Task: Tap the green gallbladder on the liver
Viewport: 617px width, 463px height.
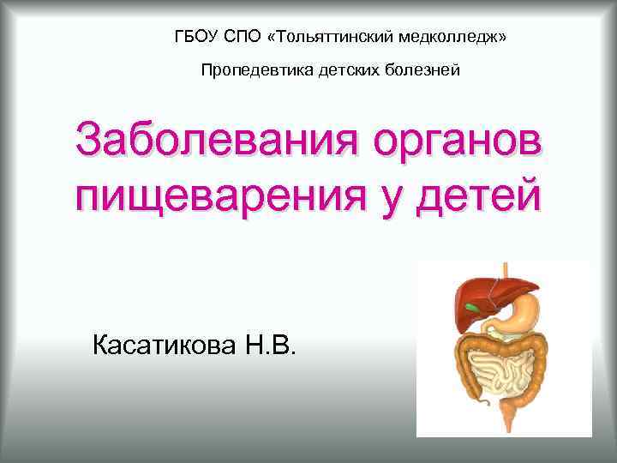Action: [472, 305]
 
